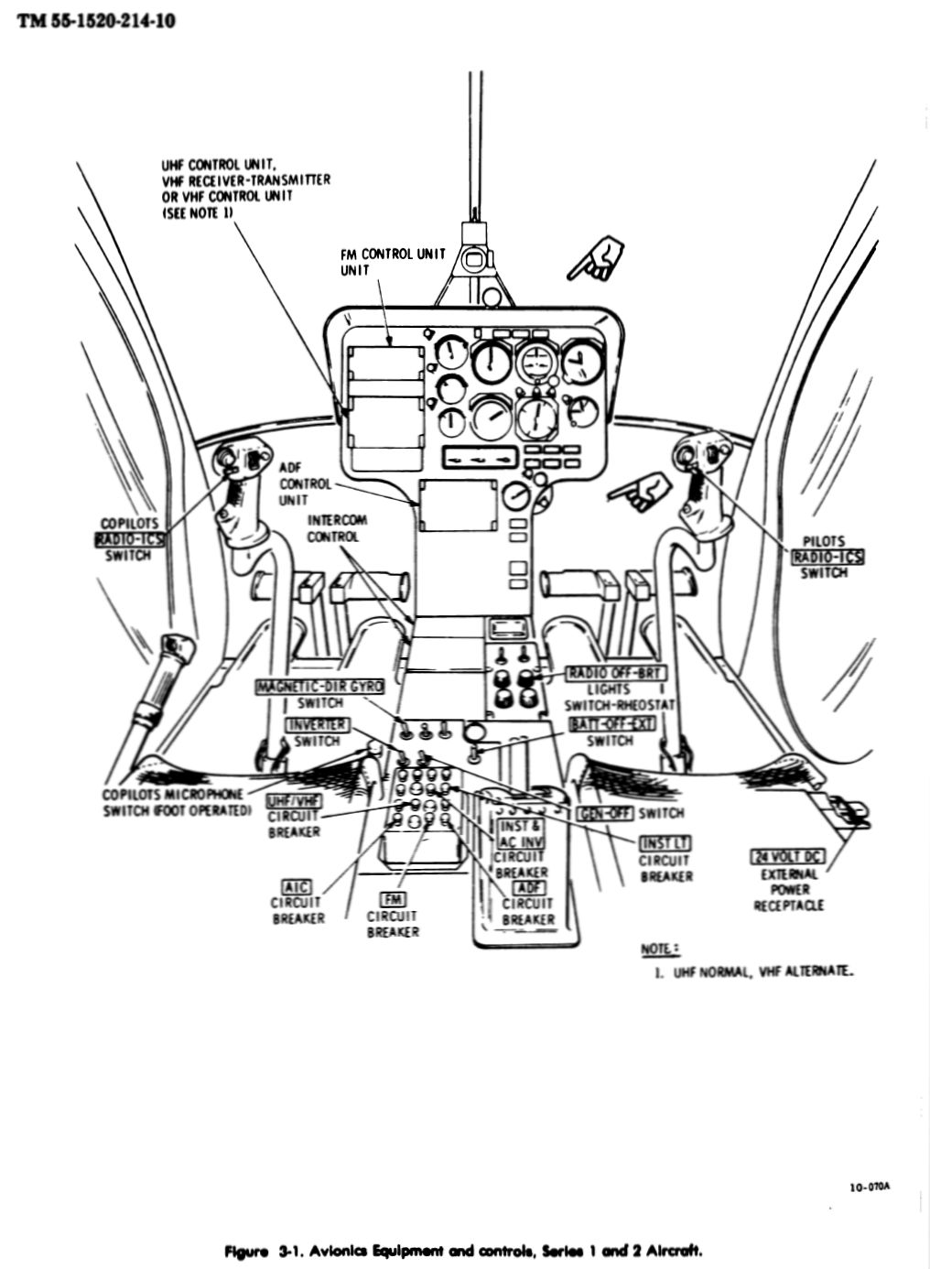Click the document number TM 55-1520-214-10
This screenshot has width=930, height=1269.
[x=95, y=20]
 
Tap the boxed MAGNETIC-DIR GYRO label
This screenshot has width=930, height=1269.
[x=319, y=687]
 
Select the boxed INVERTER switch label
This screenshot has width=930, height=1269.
[x=318, y=725]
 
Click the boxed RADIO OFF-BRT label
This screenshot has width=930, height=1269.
[x=616, y=673]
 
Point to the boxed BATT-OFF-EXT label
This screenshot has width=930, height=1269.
[x=612, y=723]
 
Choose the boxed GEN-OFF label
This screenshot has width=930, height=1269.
[x=604, y=813]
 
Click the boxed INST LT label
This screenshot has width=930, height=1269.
[x=665, y=843]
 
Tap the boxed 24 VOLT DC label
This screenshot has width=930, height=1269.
[x=788, y=857]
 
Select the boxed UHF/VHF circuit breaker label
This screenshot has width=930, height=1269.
[x=293, y=801]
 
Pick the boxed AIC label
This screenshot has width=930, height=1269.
[x=297, y=886]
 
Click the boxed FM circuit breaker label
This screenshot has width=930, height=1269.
[x=393, y=900]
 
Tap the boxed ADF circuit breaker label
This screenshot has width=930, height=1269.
[x=529, y=888]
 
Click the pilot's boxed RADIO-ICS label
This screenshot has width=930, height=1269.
[x=827, y=558]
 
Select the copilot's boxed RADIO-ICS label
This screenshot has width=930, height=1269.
[x=129, y=539]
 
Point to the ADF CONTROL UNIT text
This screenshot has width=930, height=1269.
[x=294, y=483]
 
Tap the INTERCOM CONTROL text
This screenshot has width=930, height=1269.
[x=337, y=528]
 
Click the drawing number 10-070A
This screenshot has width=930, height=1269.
[x=870, y=1188]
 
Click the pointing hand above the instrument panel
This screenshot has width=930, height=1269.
[x=596, y=259]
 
